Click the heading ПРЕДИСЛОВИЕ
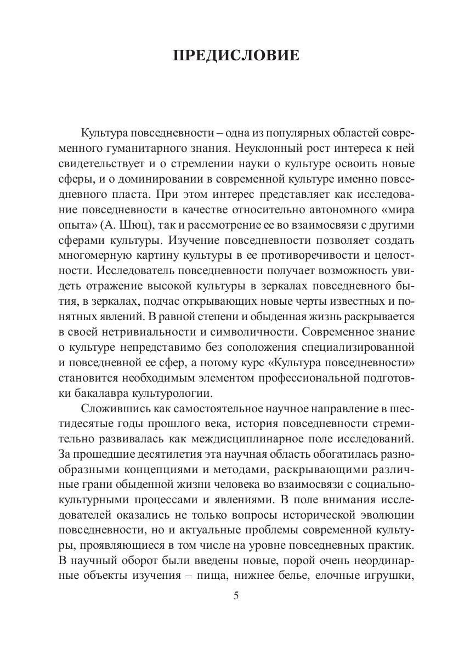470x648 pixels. click(x=236, y=55)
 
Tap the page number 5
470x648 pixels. click(x=235, y=596)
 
